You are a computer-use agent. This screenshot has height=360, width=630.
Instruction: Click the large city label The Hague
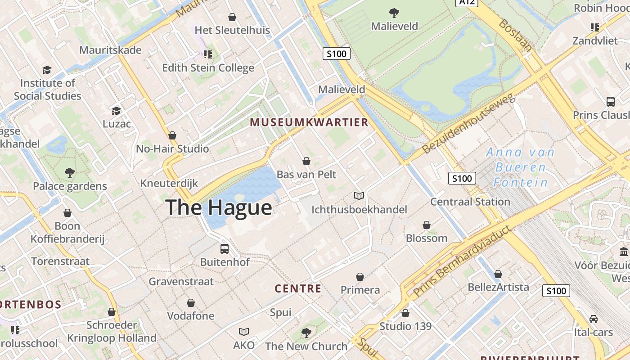click(x=219, y=207)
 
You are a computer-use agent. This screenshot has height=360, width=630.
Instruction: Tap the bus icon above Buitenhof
click(x=224, y=248)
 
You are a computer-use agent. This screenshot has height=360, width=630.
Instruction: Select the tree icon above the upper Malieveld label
click(x=394, y=13)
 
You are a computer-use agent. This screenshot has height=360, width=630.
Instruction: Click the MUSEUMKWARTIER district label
click(x=309, y=122)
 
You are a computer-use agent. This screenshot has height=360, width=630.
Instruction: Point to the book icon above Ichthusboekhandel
click(x=359, y=196)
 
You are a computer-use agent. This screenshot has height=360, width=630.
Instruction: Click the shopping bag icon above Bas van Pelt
click(x=306, y=161)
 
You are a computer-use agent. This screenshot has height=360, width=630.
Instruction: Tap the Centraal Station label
click(x=470, y=202)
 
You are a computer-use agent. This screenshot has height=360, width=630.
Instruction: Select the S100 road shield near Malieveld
click(x=337, y=54)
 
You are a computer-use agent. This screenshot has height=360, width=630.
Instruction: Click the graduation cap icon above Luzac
click(x=117, y=111)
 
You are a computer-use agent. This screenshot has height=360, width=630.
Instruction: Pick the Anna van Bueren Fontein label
click(x=521, y=167)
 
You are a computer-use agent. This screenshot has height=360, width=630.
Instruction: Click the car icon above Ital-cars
click(x=594, y=319)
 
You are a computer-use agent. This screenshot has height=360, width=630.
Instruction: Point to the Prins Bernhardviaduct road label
click(x=462, y=261)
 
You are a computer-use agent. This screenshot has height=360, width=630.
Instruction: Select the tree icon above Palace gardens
click(x=69, y=172)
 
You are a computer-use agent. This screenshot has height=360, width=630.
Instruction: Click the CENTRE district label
click(x=298, y=289)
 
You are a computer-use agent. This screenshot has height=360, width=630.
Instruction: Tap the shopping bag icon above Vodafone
click(x=191, y=303)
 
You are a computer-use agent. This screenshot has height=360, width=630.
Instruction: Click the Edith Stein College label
click(x=208, y=68)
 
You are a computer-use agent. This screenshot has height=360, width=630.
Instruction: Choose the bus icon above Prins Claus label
click(x=611, y=102)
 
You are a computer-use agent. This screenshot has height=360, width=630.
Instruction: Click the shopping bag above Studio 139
click(x=405, y=313)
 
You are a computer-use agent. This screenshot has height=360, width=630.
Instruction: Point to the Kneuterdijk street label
click(x=169, y=183)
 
